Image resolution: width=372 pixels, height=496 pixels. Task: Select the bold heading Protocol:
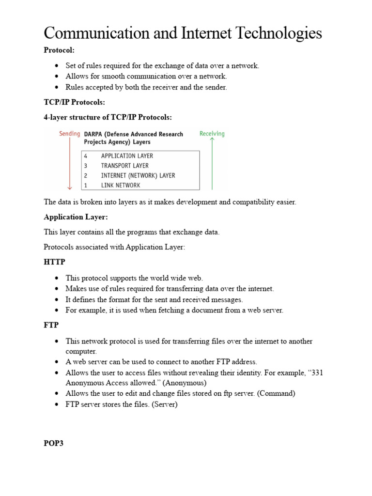[59, 50]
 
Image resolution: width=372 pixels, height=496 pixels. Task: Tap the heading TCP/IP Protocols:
[74, 103]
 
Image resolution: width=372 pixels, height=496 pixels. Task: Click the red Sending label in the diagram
[70, 134]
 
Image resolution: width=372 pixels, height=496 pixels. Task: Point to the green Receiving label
[212, 134]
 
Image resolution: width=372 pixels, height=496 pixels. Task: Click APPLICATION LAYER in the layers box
[127, 156]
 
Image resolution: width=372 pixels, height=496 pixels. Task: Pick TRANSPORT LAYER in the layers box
[124, 166]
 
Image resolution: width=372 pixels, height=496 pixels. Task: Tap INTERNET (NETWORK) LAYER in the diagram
[138, 175]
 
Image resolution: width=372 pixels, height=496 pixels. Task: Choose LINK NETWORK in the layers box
[120, 185]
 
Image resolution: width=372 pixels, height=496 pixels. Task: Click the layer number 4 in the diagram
[86, 156]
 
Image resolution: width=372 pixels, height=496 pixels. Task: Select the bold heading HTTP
[54, 262]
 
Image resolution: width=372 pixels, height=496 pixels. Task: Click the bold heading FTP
[51, 325]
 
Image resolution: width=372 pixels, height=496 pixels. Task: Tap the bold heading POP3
[53, 444]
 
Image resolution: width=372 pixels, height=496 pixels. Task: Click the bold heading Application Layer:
[76, 217]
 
